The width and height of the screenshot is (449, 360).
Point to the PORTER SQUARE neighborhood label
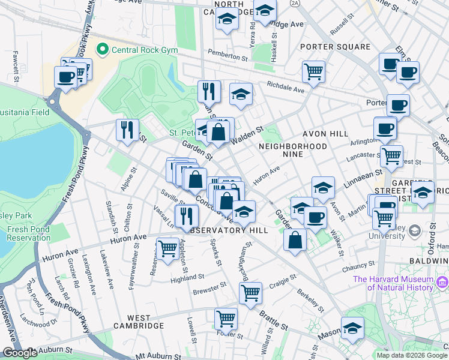click(335, 47)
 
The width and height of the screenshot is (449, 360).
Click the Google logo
click(19, 353)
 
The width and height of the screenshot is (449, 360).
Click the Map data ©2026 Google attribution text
click(411, 355)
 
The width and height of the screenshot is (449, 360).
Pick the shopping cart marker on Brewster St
click(250, 293)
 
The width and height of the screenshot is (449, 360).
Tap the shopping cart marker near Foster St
click(226, 318)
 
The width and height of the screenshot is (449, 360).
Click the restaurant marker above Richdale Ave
click(209, 91)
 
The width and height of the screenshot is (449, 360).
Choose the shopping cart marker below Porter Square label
click(313, 71)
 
